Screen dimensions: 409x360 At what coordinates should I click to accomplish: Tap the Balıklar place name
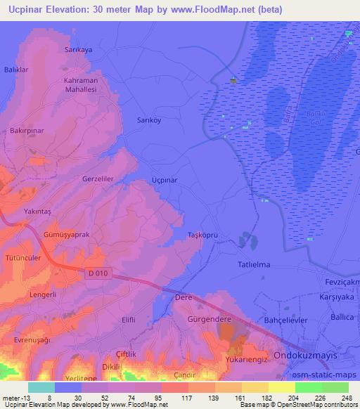coord(15,70)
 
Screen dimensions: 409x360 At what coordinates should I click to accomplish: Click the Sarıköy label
coord(148,120)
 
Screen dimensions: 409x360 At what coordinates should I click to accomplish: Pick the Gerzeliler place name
coord(98,179)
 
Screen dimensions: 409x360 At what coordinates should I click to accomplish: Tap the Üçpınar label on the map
coord(165,180)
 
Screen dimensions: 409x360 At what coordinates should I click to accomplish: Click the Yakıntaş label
coord(38,210)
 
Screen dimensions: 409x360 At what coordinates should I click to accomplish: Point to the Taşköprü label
coord(205,234)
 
